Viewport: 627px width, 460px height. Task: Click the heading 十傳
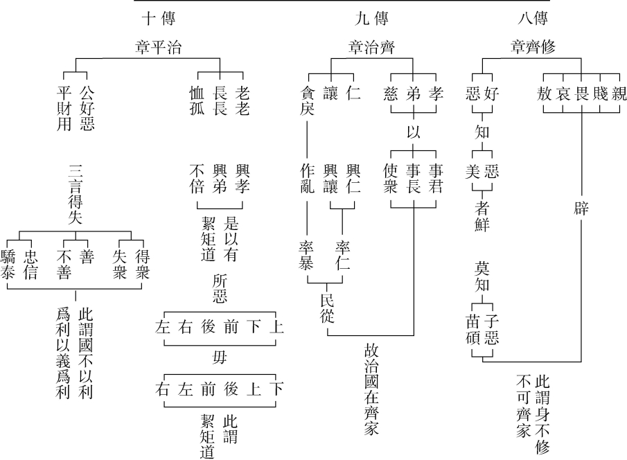[161, 17]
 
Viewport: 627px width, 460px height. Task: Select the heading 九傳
[366, 17]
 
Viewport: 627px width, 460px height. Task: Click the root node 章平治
[161, 47]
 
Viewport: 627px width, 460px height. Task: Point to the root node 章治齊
[366, 47]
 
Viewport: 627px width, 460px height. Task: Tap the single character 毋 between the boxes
[219, 357]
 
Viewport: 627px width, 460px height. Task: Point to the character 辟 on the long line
[581, 209]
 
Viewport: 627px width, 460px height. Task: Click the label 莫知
[482, 275]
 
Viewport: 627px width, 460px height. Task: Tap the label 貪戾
[308, 100]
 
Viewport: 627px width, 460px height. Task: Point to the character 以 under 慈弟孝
[413, 131]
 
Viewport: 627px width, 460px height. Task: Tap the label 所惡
[219, 289]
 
